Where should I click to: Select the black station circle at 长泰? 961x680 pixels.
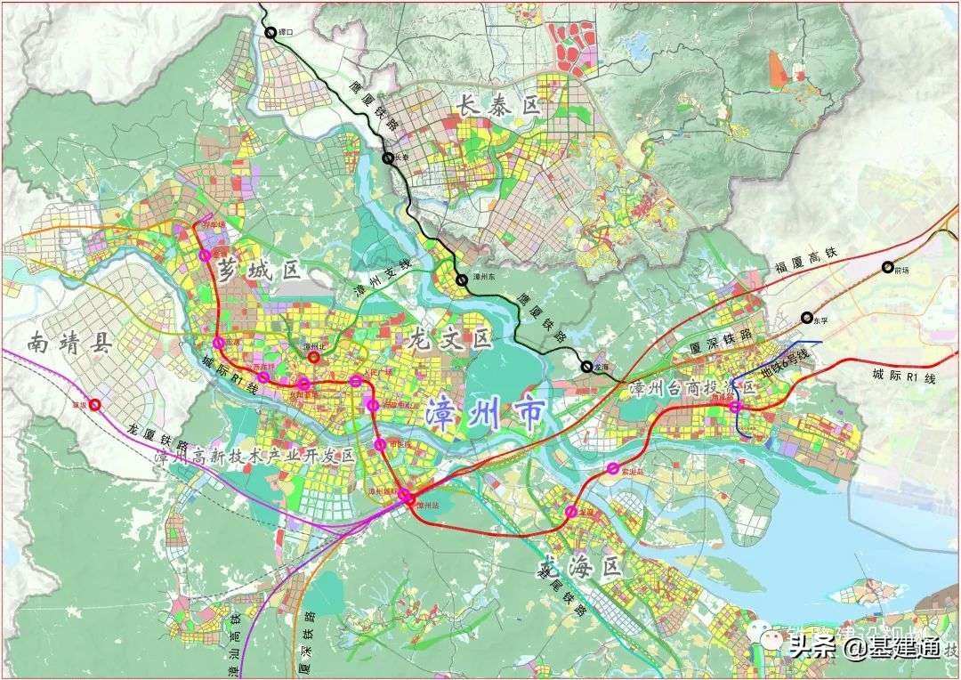(389, 158)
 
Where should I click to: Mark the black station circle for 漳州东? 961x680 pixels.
(462, 279)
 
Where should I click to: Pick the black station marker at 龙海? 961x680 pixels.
(586, 366)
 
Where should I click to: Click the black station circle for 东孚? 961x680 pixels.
(807, 317)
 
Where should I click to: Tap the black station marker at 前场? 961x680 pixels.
(887, 267)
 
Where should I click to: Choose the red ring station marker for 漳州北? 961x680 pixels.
(314, 358)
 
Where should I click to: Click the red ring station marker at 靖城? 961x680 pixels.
(95, 405)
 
